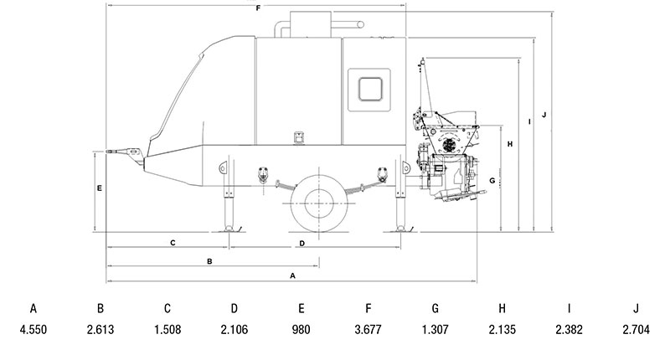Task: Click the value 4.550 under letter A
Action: pyautogui.click(x=33, y=330)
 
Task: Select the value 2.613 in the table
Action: pyautogui.click(x=100, y=330)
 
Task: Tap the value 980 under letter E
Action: pyautogui.click(x=301, y=330)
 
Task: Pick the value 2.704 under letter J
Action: pyautogui.click(x=636, y=330)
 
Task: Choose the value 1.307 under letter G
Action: pyautogui.click(x=435, y=330)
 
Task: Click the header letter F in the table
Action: pyautogui.click(x=368, y=308)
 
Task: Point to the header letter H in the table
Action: pyautogui.click(x=502, y=308)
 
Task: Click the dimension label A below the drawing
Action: pyautogui.click(x=292, y=276)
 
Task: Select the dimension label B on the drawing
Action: pyautogui.click(x=209, y=261)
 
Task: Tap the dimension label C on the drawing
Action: pyautogui.click(x=173, y=243)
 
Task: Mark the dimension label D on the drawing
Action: pyautogui.click(x=302, y=244)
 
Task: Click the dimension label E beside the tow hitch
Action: pyautogui.click(x=100, y=188)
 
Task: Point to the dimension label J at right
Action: pyautogui.click(x=544, y=115)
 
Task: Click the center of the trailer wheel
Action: pyautogui.click(x=319, y=203)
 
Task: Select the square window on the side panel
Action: pyautogui.click(x=370, y=90)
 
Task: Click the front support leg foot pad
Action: pyautogui.click(x=229, y=229)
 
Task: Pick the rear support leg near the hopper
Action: pyautogui.click(x=400, y=196)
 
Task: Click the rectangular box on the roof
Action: pyautogui.click(x=311, y=24)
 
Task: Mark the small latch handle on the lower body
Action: pyautogui.click(x=299, y=137)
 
